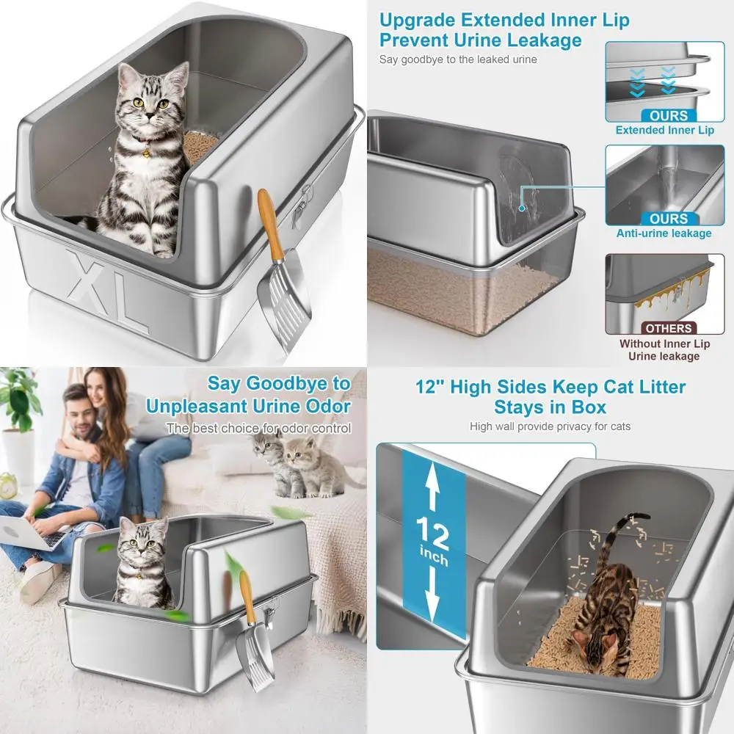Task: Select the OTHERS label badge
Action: tap(668, 328)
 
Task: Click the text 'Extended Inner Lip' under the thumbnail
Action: tap(664, 131)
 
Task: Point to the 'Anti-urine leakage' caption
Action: tap(664, 233)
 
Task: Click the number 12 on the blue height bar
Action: tap(434, 534)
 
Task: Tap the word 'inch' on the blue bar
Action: tap(434, 561)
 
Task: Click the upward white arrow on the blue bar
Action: tap(433, 488)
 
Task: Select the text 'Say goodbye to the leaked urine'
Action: tap(457, 59)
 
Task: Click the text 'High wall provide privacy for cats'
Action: tap(550, 426)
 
